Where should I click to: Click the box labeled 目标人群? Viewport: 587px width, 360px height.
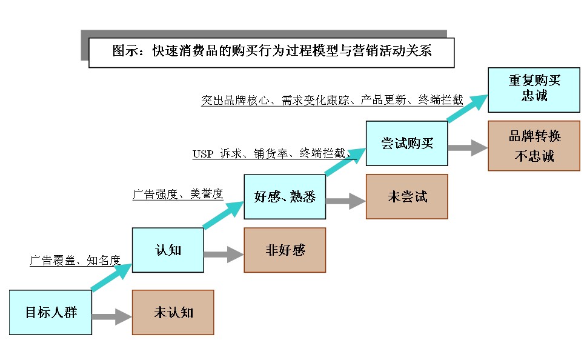pos(51,313)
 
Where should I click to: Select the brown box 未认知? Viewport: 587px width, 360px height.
pos(173,312)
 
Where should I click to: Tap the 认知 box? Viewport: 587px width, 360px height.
pos(168,250)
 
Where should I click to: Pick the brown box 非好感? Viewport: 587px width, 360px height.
pos(285,250)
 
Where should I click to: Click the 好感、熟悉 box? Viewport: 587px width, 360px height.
pos(285,196)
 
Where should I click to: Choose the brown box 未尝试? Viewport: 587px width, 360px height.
pos(406,196)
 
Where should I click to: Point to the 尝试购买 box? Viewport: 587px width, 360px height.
pos(406,144)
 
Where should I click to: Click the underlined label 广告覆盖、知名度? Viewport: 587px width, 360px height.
pos(75,260)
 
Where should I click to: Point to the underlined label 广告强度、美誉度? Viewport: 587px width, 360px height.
pos(177,195)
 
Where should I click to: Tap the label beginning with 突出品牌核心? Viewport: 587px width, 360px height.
pos(332,101)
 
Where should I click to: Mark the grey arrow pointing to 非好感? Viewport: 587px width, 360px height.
pos(224,254)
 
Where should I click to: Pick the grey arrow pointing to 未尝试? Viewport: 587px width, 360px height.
pos(346,201)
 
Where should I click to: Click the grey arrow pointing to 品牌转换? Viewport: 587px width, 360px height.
pos(468,148)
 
